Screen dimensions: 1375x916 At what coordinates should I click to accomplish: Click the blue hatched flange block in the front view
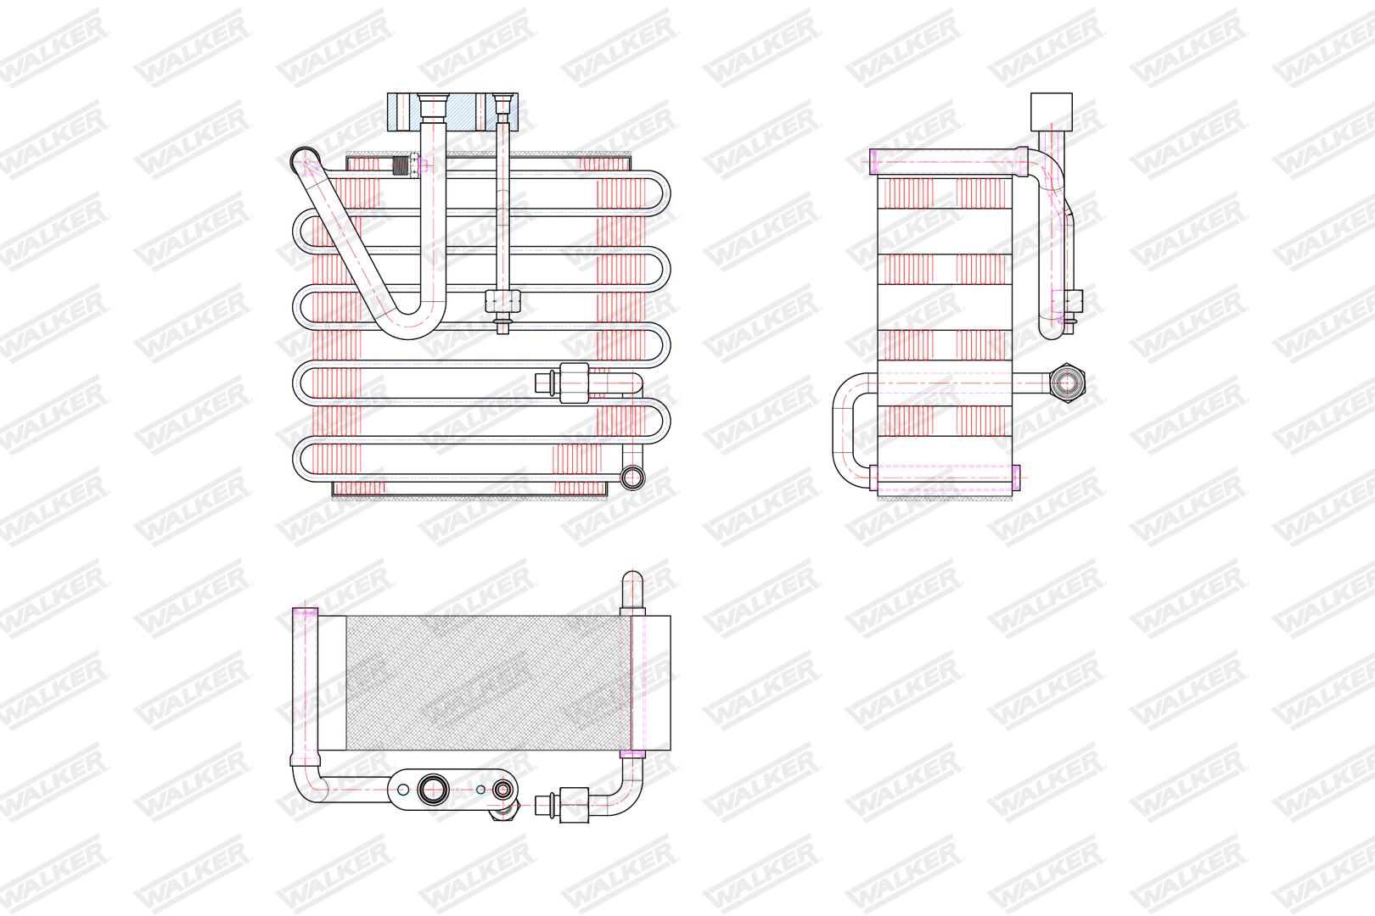coord(452,112)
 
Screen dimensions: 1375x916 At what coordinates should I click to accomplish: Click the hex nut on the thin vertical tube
coord(502,301)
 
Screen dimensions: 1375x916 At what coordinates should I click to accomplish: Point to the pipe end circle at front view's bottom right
coord(632,477)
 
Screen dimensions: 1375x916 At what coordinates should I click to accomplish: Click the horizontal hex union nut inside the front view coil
coord(573,383)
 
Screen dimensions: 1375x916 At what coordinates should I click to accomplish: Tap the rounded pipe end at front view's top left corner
coord(303,159)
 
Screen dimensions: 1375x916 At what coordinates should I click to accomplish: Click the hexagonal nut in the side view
coord(1067,383)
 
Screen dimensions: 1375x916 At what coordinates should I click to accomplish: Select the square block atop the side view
coord(1052,111)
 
